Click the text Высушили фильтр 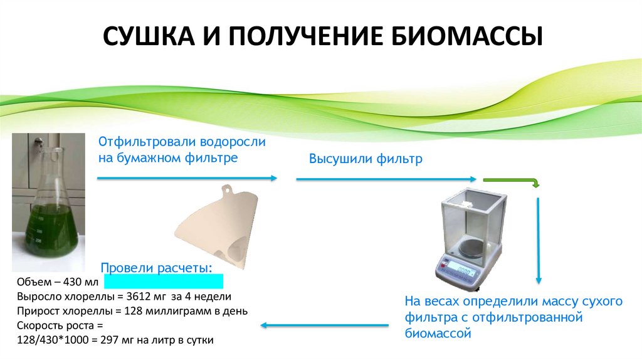pos(366,159)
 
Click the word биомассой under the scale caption pos(438,334)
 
